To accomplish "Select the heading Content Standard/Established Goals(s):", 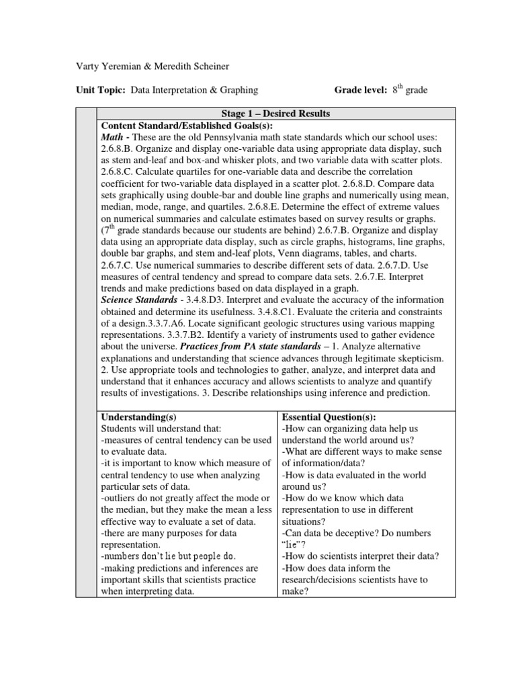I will (187, 126).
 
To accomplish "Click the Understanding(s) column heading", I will (138, 417).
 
